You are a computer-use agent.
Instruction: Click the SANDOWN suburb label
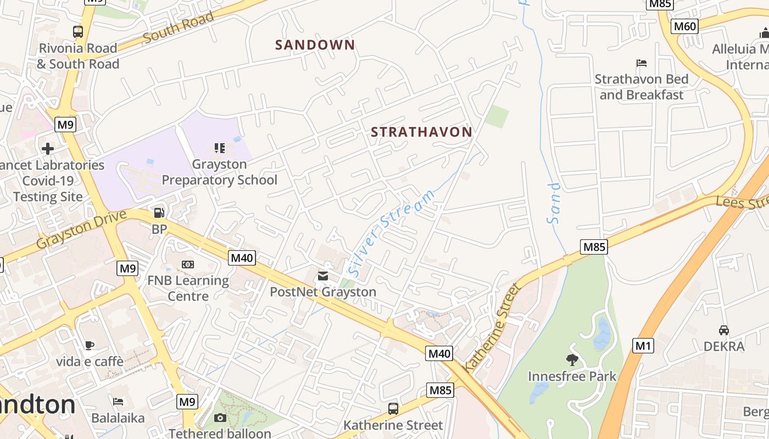(x=315, y=45)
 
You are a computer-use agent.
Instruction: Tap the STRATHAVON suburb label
(x=421, y=132)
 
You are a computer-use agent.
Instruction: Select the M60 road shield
(x=684, y=26)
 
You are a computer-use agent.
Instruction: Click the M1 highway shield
(x=643, y=346)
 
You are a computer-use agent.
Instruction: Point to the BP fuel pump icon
(x=159, y=212)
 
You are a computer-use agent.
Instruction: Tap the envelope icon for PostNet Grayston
(x=323, y=275)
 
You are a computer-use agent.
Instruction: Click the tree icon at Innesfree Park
(x=572, y=360)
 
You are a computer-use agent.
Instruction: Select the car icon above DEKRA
(x=724, y=330)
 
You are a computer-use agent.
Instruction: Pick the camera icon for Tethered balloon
(x=220, y=418)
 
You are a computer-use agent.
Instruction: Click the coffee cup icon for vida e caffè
(x=90, y=345)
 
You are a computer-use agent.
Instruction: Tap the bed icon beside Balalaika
(x=118, y=402)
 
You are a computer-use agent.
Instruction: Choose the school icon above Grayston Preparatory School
(x=220, y=148)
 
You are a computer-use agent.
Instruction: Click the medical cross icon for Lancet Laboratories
(x=48, y=149)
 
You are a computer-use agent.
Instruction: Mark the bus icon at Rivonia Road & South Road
(x=77, y=32)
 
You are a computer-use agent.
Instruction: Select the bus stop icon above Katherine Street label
(x=393, y=408)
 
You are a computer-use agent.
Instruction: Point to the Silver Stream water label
(x=391, y=233)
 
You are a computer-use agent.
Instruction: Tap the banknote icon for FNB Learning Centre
(x=188, y=264)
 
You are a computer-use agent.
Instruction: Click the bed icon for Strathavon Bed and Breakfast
(x=641, y=63)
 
